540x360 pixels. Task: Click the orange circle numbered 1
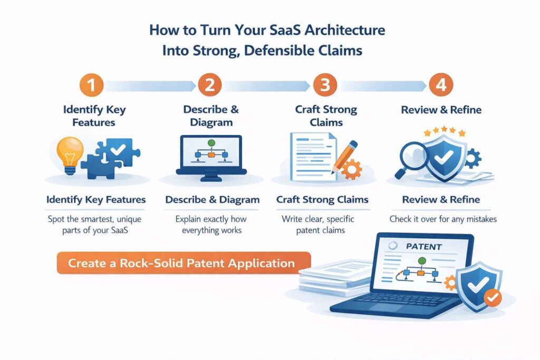pyautogui.click(x=92, y=86)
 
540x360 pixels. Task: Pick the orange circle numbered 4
pyautogui.click(x=441, y=86)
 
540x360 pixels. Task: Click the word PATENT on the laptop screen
pyautogui.click(x=424, y=246)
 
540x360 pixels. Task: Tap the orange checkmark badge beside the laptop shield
pyautogui.click(x=492, y=298)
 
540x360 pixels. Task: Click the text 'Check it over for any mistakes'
pyautogui.click(x=443, y=218)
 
